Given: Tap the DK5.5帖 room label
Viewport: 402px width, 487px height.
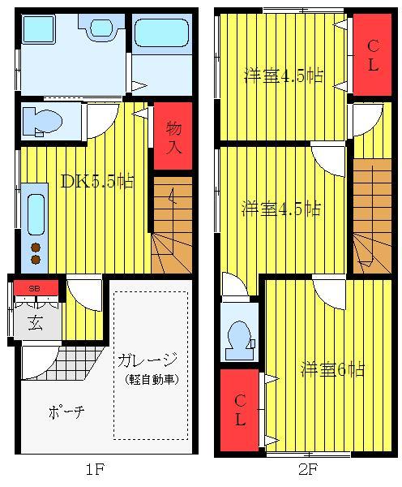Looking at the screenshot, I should tap(97, 181).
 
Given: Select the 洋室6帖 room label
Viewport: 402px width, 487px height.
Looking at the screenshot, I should tap(331, 369).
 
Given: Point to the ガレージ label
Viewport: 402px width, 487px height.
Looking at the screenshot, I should tap(147, 360).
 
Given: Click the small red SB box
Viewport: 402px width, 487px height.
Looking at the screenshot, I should tap(36, 287).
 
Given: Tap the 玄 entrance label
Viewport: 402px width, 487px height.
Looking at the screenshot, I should tap(36, 322).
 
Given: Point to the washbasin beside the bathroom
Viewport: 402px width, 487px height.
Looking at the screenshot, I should tap(101, 28).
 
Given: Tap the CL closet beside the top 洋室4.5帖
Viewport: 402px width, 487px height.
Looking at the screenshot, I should tap(373, 56).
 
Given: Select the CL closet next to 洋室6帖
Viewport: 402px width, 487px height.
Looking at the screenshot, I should tap(240, 411).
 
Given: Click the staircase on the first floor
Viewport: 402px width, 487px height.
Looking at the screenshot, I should tap(171, 228).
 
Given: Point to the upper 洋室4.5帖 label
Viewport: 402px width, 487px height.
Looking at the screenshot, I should tap(284, 76).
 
